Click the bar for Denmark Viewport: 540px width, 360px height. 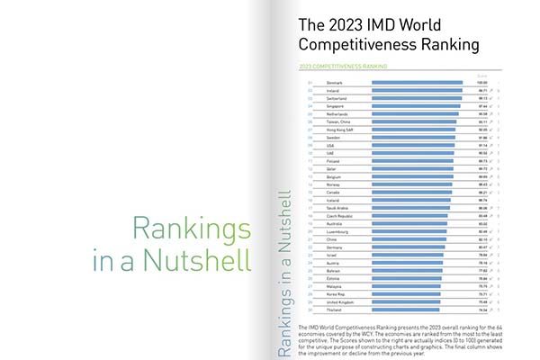(x=418, y=83)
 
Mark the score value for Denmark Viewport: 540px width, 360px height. (x=482, y=83)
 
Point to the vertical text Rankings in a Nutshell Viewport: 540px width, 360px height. (x=283, y=271)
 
